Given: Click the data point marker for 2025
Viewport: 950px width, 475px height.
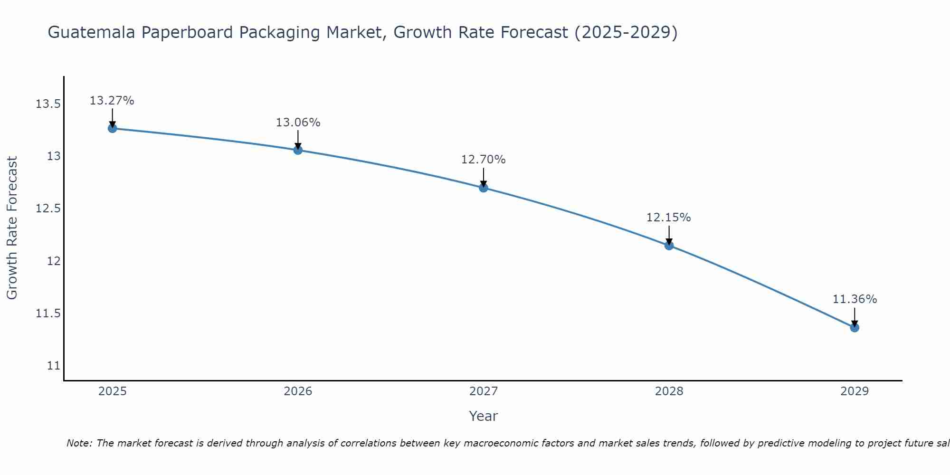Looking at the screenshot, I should [113, 128].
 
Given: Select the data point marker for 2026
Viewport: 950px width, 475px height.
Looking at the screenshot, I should [298, 150].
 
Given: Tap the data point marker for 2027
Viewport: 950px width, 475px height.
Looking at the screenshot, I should [484, 188].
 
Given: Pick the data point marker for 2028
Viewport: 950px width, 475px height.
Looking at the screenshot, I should [669, 246].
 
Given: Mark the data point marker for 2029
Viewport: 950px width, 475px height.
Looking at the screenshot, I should [855, 327].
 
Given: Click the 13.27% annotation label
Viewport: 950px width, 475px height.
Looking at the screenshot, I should [112, 101].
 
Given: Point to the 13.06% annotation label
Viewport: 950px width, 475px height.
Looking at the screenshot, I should [298, 123].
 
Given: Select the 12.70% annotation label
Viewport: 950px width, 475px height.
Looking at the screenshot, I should [484, 160].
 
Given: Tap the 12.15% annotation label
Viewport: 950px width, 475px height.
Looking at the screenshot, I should [668, 218].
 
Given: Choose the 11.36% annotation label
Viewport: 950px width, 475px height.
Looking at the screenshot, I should [855, 299].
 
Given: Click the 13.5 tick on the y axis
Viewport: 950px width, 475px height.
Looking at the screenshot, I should [48, 104].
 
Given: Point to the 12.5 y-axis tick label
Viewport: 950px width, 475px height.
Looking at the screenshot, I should [48, 209].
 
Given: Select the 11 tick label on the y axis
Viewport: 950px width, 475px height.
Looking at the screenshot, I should [54, 366].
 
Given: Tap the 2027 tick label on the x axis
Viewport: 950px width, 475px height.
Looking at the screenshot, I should [484, 391].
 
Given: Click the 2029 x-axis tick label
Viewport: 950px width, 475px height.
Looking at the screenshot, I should [855, 391].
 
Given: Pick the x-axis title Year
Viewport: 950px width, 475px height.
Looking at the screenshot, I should [483, 416].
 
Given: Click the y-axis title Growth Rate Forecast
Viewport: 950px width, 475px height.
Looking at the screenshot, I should [12, 228].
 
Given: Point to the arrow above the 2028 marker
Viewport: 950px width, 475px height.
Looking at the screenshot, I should [669, 235].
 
